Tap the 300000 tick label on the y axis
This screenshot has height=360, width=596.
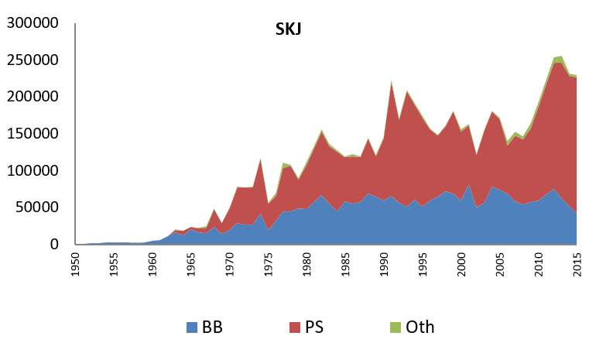(32, 22)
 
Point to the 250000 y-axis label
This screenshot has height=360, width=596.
(32, 60)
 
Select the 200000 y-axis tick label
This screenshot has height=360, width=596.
(32, 97)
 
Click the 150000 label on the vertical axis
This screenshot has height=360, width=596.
(32, 133)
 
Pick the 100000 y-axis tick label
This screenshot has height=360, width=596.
(32, 170)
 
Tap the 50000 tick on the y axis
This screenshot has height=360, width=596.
(36, 207)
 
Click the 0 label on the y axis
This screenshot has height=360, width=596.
(54, 245)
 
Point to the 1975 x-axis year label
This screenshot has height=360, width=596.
(269, 266)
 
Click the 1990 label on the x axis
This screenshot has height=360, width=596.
(384, 266)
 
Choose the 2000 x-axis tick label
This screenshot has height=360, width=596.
(461, 266)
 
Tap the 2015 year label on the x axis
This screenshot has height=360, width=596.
(577, 266)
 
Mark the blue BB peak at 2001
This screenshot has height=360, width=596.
(468, 185)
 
